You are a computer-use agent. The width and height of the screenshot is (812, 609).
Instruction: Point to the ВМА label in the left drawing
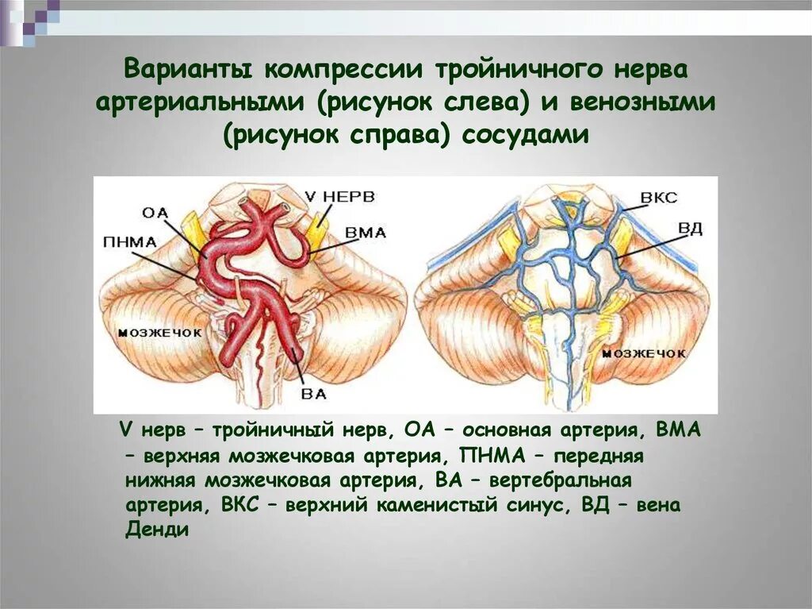[x=366, y=233]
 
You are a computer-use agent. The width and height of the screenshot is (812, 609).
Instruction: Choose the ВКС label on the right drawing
[x=657, y=197]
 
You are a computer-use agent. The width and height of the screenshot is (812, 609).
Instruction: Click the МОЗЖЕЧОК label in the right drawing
[x=643, y=352]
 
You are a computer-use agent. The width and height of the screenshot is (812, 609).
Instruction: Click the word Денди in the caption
[x=157, y=530]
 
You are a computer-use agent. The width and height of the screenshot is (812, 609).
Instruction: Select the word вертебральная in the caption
[x=561, y=480]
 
